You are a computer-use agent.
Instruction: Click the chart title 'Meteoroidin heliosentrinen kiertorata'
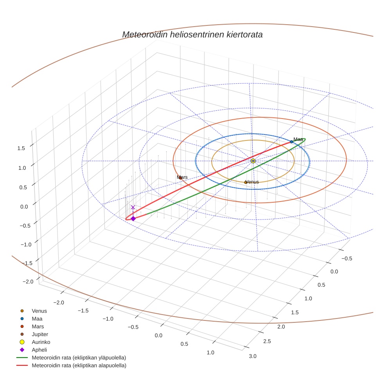192,34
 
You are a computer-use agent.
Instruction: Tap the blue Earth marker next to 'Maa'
291,142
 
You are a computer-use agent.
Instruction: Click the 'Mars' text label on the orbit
182,177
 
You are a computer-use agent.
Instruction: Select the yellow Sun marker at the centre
253,161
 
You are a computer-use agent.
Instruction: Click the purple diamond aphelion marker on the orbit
133,219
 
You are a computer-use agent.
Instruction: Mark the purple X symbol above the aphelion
133,207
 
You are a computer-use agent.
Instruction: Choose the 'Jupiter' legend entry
40,334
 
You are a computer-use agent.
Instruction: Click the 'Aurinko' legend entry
41,342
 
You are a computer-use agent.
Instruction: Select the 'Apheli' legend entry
39,350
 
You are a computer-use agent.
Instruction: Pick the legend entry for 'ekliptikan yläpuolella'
79,358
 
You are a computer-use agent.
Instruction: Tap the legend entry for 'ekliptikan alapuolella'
79,365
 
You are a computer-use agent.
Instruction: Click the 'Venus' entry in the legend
39,311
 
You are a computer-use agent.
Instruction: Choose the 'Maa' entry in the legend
38,319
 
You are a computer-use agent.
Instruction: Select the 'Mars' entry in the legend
38,326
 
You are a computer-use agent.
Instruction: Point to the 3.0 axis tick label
252,356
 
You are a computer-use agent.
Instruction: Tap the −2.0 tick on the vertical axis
28,281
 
